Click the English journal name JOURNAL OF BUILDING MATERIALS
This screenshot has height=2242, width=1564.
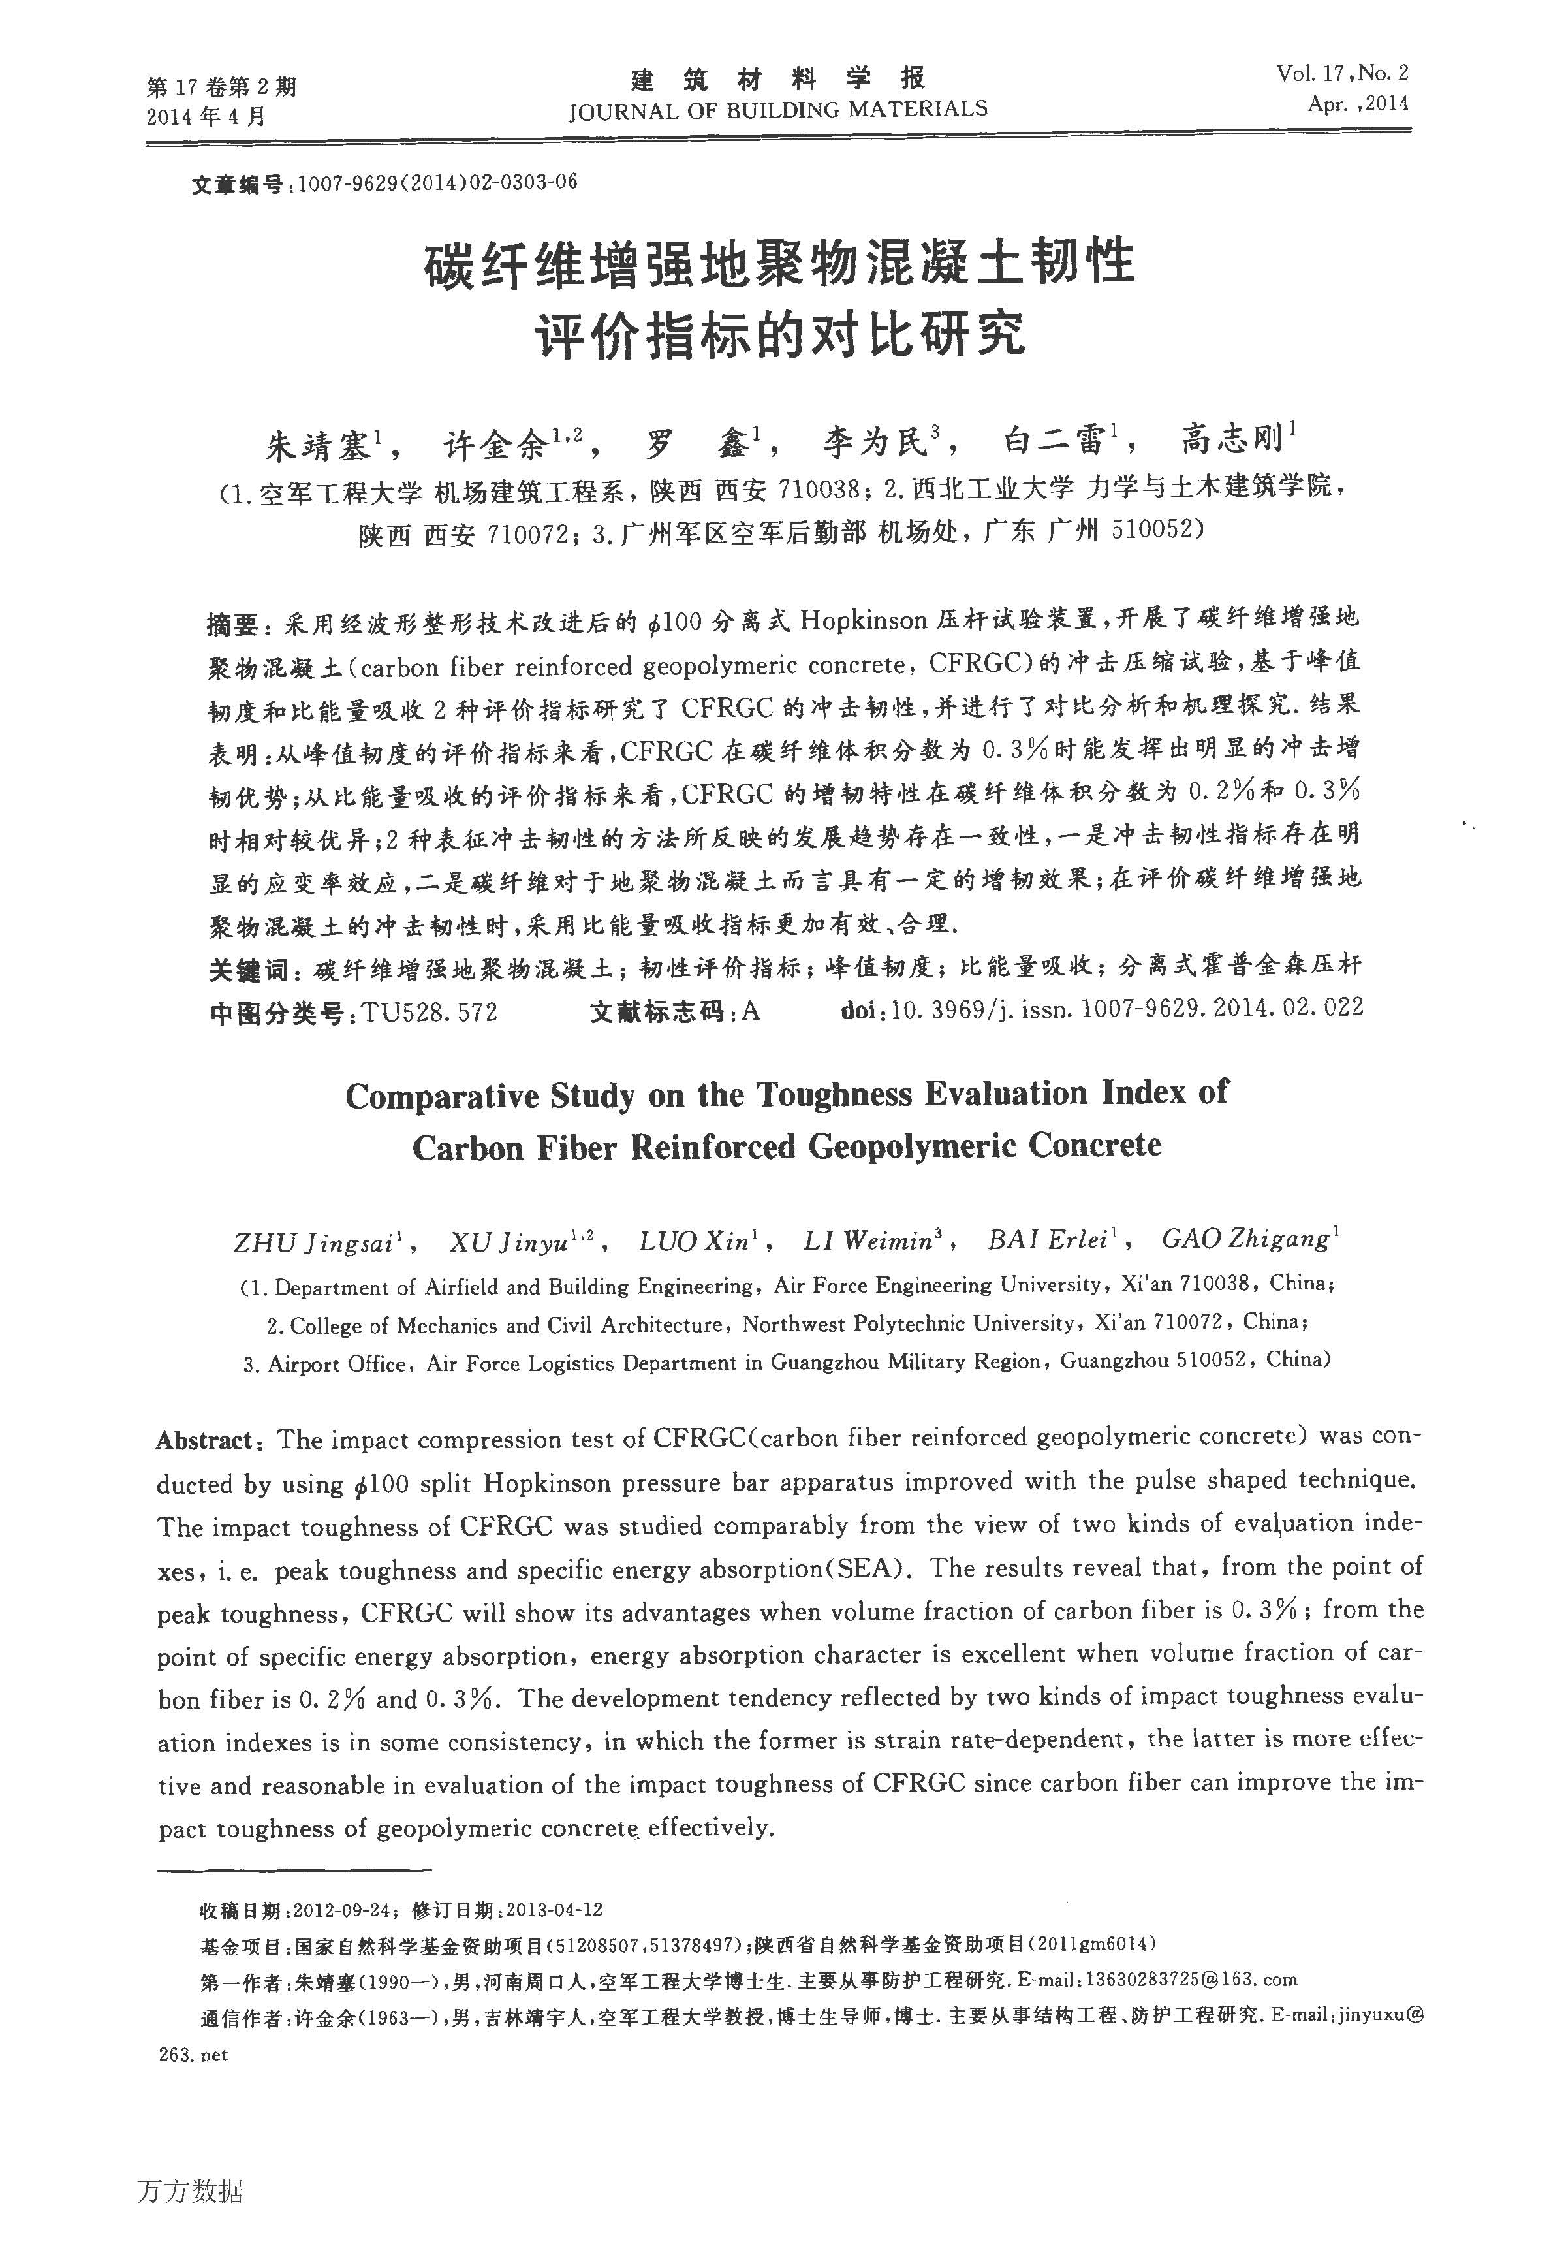coord(778,110)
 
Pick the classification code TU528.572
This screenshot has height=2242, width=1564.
coord(430,1013)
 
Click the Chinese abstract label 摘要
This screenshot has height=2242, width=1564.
coord(233,623)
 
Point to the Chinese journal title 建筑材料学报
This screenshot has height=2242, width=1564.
coord(778,77)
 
